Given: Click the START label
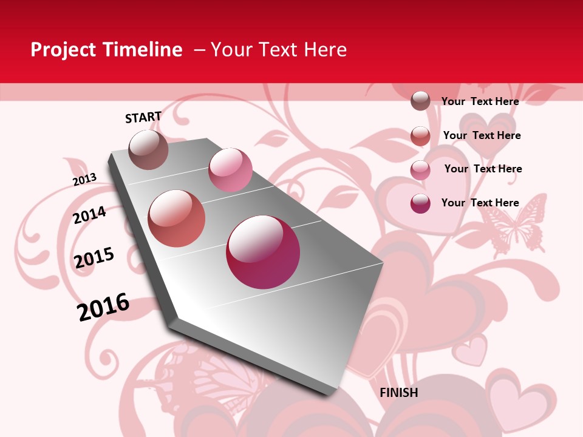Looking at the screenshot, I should coord(143,117).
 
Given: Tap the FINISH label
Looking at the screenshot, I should coord(398,393).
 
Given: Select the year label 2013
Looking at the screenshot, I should coord(84,180).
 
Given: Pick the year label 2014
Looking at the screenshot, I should coord(89,215).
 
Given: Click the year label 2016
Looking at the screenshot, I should coord(103,307).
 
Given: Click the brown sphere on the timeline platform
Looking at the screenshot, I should coord(148,149).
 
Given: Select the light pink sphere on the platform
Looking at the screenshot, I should coord(230,170).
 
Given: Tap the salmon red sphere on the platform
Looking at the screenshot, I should coord(177,218).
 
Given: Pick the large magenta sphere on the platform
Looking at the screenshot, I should coord(263,252).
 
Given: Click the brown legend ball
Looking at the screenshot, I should coord(420,101).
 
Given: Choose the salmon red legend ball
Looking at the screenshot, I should coord(420,135).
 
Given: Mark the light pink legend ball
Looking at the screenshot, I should coord(420,169).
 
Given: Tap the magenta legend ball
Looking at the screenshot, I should coord(420,203).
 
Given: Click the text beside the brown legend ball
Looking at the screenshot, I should coord(480,101).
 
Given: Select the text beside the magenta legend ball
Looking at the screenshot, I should coord(480,203).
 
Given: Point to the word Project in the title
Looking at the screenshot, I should coord(64,50).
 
